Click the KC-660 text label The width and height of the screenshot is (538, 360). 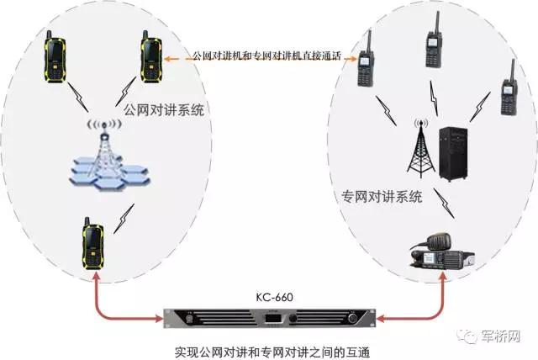tap(275, 297)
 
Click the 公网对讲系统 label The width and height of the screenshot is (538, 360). tap(164, 110)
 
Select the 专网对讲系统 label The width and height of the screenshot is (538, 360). tap(382, 197)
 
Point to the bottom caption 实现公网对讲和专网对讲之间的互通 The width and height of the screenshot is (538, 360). tap(272, 352)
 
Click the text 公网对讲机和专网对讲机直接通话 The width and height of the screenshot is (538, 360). tap(266, 56)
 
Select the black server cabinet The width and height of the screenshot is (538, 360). tap(453, 154)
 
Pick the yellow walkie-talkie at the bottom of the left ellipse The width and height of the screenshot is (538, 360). tap(92, 243)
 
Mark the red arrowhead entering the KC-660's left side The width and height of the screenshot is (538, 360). tap(159, 319)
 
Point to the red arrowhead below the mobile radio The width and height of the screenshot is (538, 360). tap(443, 277)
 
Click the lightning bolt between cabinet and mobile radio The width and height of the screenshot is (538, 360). tap(444, 204)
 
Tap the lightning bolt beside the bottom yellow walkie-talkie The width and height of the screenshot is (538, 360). tap(124, 219)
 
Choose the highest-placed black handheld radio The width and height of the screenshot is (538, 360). tap(434, 40)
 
